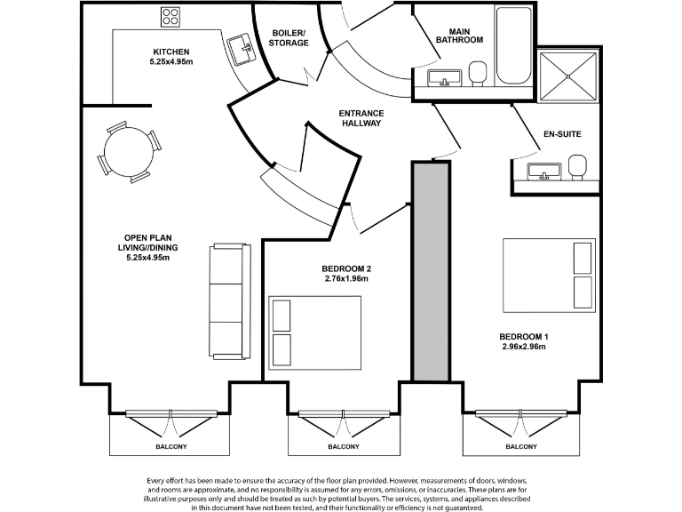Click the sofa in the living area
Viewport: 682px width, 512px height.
(226, 299)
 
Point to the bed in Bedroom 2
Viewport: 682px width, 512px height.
(316, 332)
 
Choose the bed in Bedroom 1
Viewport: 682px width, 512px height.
(549, 274)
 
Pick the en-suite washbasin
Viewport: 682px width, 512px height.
(541, 171)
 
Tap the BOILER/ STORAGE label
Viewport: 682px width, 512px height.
(289, 37)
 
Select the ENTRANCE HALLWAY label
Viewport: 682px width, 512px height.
(361, 118)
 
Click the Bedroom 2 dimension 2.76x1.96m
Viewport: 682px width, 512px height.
(346, 278)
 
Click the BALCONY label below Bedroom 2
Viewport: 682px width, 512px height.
(344, 446)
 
